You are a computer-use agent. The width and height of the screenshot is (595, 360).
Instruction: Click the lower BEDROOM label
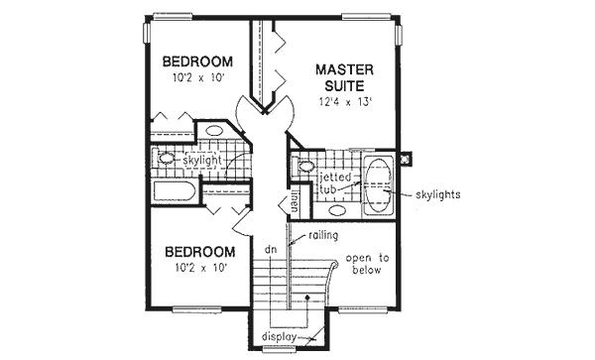(200, 252)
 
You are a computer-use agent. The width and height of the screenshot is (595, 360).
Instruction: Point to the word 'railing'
(322, 235)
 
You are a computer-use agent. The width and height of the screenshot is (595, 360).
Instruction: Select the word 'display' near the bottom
(281, 337)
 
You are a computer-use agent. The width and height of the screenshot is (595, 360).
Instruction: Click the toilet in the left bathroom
(167, 159)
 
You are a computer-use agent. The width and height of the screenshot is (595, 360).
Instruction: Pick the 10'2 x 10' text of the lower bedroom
(200, 269)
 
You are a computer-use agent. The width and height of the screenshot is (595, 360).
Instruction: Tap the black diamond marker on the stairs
(310, 297)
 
